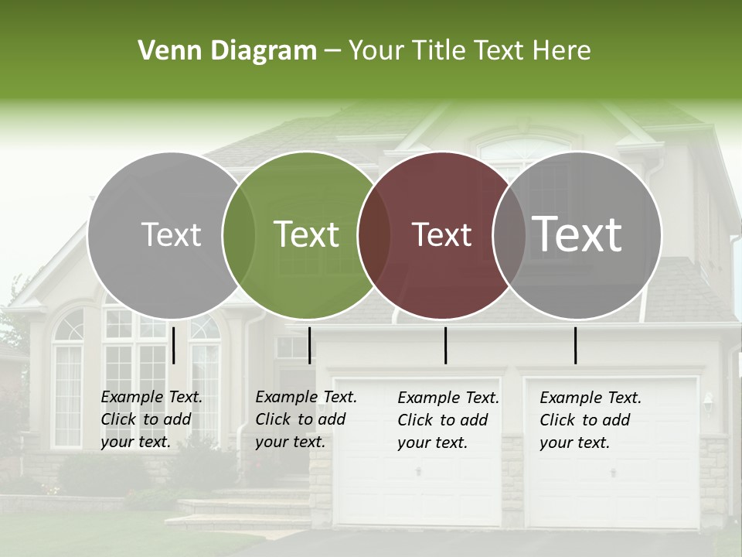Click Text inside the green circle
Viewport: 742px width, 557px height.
click(307, 234)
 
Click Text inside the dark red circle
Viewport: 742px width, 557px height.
click(441, 234)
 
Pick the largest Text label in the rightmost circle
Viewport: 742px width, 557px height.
click(577, 234)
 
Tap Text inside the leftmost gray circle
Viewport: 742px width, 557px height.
click(171, 234)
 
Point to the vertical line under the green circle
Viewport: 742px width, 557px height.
click(309, 345)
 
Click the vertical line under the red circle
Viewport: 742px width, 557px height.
click(445, 345)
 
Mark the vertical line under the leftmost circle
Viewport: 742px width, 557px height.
click(174, 345)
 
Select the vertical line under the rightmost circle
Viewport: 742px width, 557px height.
click(575, 345)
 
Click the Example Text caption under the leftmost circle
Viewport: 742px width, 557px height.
click(151, 419)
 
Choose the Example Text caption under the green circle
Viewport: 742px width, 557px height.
click(305, 419)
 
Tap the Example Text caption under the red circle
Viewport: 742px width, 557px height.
click(448, 420)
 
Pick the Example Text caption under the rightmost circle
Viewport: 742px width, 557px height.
click(590, 420)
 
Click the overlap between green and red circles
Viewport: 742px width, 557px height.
click(375, 234)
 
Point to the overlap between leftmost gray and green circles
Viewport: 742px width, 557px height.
click(239, 234)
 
